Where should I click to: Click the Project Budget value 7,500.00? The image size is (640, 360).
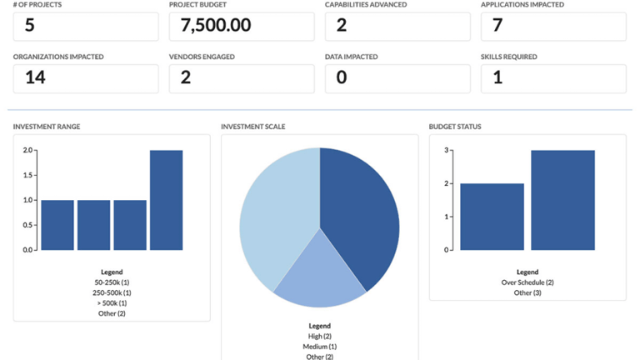(210, 26)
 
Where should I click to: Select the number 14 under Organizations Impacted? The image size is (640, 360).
(35, 77)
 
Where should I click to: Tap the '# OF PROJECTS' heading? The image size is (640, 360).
(37, 5)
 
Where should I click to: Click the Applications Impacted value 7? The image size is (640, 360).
(497, 26)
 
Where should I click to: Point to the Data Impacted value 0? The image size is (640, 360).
(342, 77)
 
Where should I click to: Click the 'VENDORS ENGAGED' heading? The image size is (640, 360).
(202, 57)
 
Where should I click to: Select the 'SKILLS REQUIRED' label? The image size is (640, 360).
(509, 57)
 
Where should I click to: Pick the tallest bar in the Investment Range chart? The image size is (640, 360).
(166, 200)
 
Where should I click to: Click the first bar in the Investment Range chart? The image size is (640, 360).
(57, 225)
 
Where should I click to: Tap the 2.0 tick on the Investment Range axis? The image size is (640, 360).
(28, 151)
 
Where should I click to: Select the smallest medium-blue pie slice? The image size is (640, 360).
(318, 271)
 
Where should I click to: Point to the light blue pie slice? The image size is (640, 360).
(275, 208)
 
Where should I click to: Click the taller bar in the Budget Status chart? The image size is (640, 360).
(562, 200)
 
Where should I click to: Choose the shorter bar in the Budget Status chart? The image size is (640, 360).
(492, 217)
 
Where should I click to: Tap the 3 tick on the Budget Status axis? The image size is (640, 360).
(447, 151)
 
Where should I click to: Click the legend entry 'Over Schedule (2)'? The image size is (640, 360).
(527, 282)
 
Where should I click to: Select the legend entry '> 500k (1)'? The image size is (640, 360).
(112, 303)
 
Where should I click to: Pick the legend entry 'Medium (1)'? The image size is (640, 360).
(320, 347)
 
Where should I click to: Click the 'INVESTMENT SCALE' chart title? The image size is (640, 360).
(253, 127)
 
